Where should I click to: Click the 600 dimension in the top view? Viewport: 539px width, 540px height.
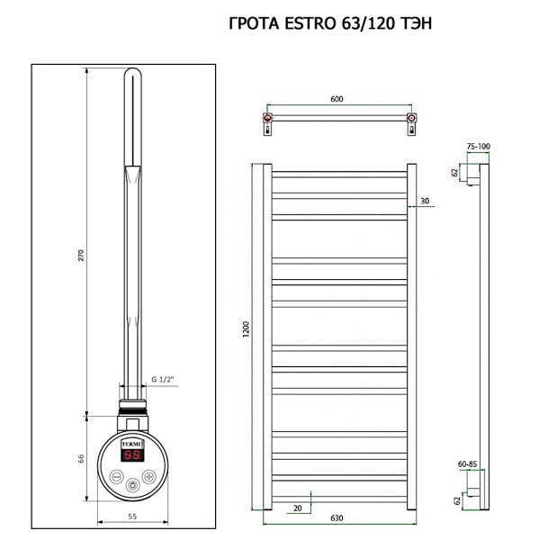click(337, 100)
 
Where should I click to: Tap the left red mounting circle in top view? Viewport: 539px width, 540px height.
click(267, 118)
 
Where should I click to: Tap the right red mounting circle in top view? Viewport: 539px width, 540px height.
click(410, 118)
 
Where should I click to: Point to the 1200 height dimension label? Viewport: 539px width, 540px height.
click(246, 333)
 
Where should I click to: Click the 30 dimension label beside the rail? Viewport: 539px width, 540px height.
click(424, 202)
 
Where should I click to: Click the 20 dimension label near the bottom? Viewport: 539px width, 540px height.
click(295, 507)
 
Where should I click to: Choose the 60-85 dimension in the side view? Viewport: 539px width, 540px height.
click(467, 464)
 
